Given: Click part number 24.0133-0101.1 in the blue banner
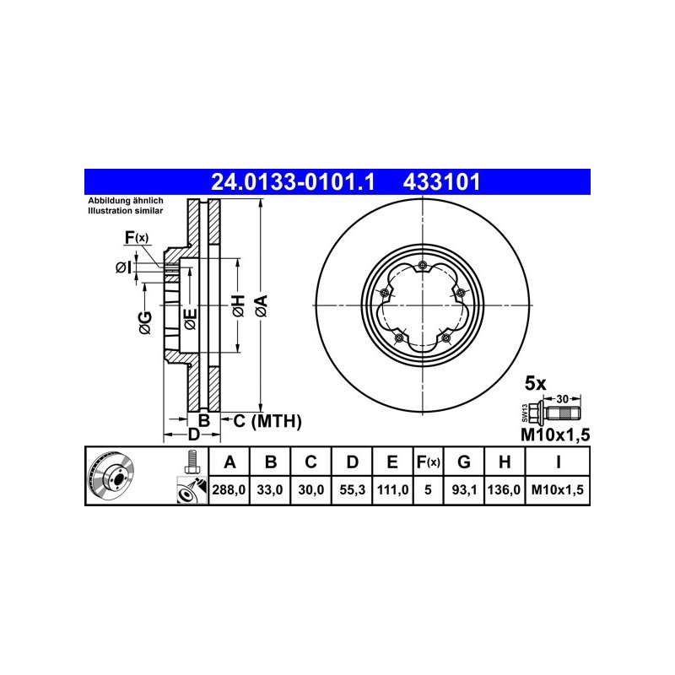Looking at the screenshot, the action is pyautogui.click(x=293, y=182).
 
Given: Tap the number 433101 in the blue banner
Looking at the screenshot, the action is pyautogui.click(x=441, y=182).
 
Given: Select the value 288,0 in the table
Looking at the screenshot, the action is pyautogui.click(x=229, y=490).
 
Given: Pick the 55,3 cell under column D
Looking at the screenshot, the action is pyautogui.click(x=352, y=490).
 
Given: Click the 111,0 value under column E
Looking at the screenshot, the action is pyautogui.click(x=392, y=490).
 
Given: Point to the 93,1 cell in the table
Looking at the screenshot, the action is pyautogui.click(x=464, y=490).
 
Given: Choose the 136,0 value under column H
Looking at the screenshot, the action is pyautogui.click(x=504, y=490).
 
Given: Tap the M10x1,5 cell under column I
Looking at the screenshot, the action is pyautogui.click(x=558, y=490).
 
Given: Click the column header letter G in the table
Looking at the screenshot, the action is pyautogui.click(x=463, y=462).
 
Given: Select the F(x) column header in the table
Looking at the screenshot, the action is pyautogui.click(x=429, y=462).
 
